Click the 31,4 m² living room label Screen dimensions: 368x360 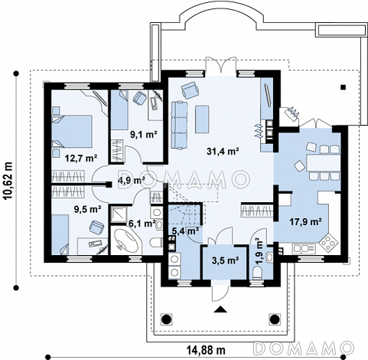click(x=223, y=152)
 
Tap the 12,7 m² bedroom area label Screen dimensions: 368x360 click(x=81, y=159)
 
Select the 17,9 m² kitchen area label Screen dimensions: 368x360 click(x=305, y=221)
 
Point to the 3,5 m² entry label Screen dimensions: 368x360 click(x=225, y=260)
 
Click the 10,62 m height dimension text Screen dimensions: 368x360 click(x=8, y=180)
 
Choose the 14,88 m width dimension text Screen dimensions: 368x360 click(x=207, y=350)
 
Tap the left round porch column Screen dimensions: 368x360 click(x=166, y=319)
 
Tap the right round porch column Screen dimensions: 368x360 click(x=275, y=319)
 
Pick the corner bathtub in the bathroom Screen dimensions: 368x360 click(x=125, y=240)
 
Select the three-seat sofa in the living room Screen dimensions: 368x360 click(x=179, y=125)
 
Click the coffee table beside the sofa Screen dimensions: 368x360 click(x=202, y=119)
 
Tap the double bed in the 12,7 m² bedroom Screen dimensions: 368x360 click(x=72, y=131)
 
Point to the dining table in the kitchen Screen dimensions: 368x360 click(x=324, y=162)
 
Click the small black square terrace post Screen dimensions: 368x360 click(x=343, y=87)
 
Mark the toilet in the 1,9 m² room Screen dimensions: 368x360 click(x=257, y=273)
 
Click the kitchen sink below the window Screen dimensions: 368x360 click(x=304, y=248)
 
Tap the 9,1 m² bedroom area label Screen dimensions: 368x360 click(x=143, y=135)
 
